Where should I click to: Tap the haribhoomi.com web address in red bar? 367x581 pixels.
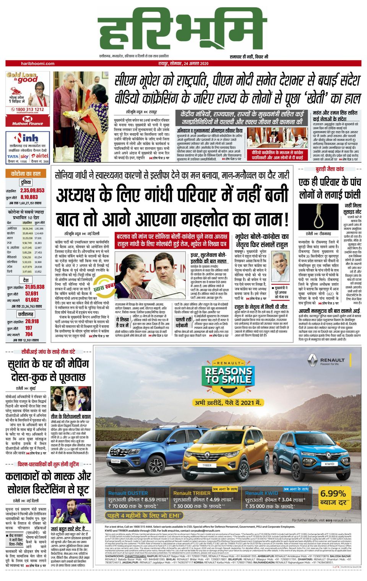[38, 63]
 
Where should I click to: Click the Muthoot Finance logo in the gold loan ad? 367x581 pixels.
[27, 121]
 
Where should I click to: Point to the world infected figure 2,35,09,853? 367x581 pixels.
[32, 190]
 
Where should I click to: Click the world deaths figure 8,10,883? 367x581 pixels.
[29, 197]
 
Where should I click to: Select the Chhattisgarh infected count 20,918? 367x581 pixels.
[32, 321]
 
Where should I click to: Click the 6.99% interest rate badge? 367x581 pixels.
[333, 496]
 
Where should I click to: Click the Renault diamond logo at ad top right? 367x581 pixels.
[313, 359]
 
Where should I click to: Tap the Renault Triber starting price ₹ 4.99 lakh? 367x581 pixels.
[201, 499]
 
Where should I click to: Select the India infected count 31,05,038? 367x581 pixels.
[35, 287]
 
